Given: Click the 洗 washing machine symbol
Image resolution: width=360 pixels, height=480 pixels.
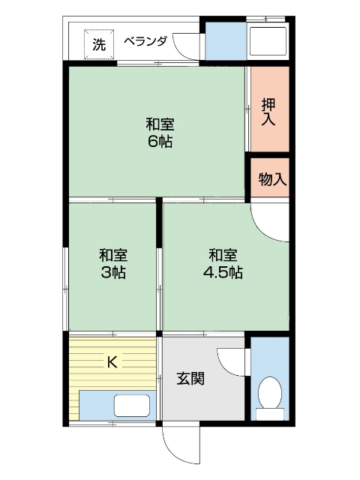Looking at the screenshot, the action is click(x=99, y=44).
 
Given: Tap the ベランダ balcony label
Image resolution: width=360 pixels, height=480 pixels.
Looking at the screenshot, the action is click(x=145, y=41).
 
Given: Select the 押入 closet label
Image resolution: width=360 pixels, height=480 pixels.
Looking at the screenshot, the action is click(x=268, y=112).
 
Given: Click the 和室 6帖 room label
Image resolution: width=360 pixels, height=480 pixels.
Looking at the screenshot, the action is click(x=160, y=133).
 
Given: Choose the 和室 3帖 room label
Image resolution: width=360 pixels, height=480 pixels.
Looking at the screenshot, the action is click(x=113, y=263).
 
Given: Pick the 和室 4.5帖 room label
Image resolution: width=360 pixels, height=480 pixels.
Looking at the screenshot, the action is click(x=223, y=263).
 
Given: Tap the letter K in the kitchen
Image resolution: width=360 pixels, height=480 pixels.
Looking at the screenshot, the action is click(x=112, y=362).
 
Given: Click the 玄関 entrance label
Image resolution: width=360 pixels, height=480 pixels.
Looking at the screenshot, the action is click(x=190, y=379).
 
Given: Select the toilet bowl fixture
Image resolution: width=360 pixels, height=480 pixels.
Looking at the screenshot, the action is click(x=270, y=393).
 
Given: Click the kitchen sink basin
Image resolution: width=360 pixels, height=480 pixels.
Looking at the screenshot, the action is click(x=132, y=406).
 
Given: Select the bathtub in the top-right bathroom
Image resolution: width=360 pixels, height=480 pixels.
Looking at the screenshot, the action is click(x=268, y=41).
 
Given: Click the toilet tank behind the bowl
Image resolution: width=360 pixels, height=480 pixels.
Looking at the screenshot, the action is click(x=270, y=415).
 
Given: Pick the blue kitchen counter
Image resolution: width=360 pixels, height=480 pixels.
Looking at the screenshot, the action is click(x=118, y=406).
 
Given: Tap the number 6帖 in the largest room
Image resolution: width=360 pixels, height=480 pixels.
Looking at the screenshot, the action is click(x=160, y=142).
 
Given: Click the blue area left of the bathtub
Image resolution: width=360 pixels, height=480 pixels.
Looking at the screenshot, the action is click(x=226, y=41).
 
